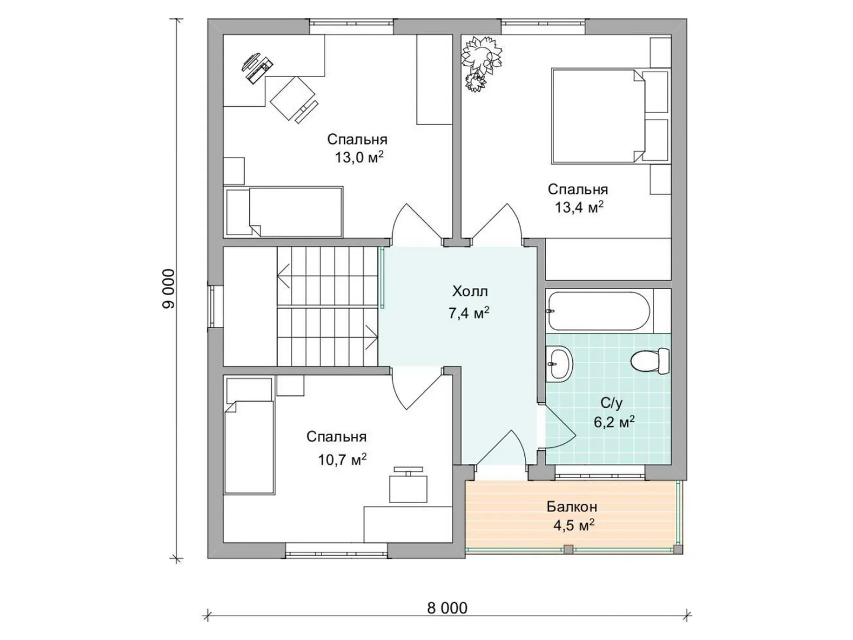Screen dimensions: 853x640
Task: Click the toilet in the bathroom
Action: pos(649,361)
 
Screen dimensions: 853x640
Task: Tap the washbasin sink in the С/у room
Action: pos(559,365)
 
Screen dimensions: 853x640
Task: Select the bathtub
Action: pos(599,311)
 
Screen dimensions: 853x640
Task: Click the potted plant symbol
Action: pos(481,63)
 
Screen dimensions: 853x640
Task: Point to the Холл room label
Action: pos(470,291)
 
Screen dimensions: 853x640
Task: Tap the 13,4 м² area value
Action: pos(579,207)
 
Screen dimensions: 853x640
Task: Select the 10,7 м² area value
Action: pos(342,460)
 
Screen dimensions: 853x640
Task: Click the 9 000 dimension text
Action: pos(169,289)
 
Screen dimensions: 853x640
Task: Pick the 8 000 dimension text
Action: pos(447,608)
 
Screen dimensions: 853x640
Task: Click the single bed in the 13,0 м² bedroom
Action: pos(283,212)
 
